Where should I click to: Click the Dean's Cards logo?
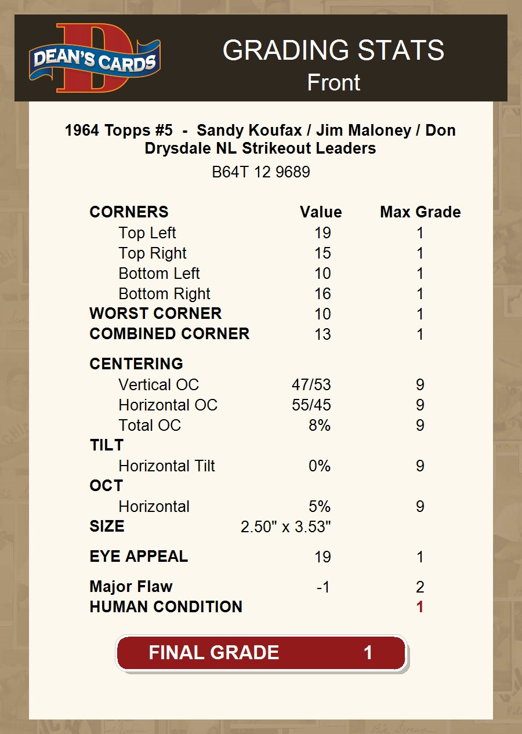95,59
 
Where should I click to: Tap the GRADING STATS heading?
333,50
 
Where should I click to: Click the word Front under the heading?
333,82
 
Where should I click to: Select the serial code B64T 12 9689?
261,172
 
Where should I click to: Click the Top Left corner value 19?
322,233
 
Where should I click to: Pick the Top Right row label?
153,253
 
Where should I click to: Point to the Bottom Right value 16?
322,294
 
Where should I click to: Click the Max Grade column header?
420,212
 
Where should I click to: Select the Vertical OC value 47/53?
311,385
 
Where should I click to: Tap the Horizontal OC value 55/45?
311,405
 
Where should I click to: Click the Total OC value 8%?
320,426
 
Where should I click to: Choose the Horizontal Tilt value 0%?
320,466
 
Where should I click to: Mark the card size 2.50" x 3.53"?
286,527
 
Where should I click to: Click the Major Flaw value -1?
323,587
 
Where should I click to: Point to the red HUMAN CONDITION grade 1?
420,607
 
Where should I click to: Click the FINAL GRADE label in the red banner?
214,653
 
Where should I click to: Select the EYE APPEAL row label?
139,557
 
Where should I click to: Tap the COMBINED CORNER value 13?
322,335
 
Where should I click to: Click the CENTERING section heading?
136,364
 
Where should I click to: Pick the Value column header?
321,212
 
